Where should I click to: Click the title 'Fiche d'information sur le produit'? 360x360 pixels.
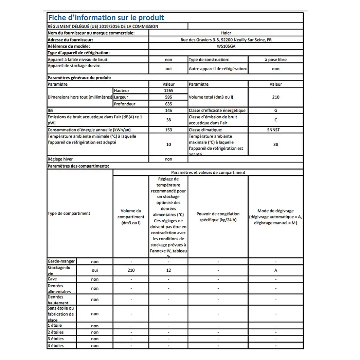(106, 17)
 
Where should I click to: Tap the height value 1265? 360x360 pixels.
(168, 90)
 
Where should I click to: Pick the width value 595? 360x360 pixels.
(168, 97)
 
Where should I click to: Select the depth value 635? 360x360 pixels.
(168, 104)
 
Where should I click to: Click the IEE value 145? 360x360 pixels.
(168, 110)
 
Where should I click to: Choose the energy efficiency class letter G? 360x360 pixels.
(275, 110)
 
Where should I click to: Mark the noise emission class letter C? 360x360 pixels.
(275, 120)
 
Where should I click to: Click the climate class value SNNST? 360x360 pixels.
(275, 130)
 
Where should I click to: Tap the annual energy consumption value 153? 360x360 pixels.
(168, 130)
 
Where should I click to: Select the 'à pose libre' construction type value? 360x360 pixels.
(275, 59)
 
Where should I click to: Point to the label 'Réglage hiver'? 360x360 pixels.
(60, 159)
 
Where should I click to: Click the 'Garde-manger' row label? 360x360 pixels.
(61, 261)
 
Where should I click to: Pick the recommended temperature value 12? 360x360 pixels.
(168, 270)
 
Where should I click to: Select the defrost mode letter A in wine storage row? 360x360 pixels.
(275, 270)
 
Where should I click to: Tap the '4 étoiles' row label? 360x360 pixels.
(56, 346)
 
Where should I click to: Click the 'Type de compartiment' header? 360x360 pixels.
(69, 214)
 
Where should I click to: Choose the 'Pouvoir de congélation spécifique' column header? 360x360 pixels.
(218, 217)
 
